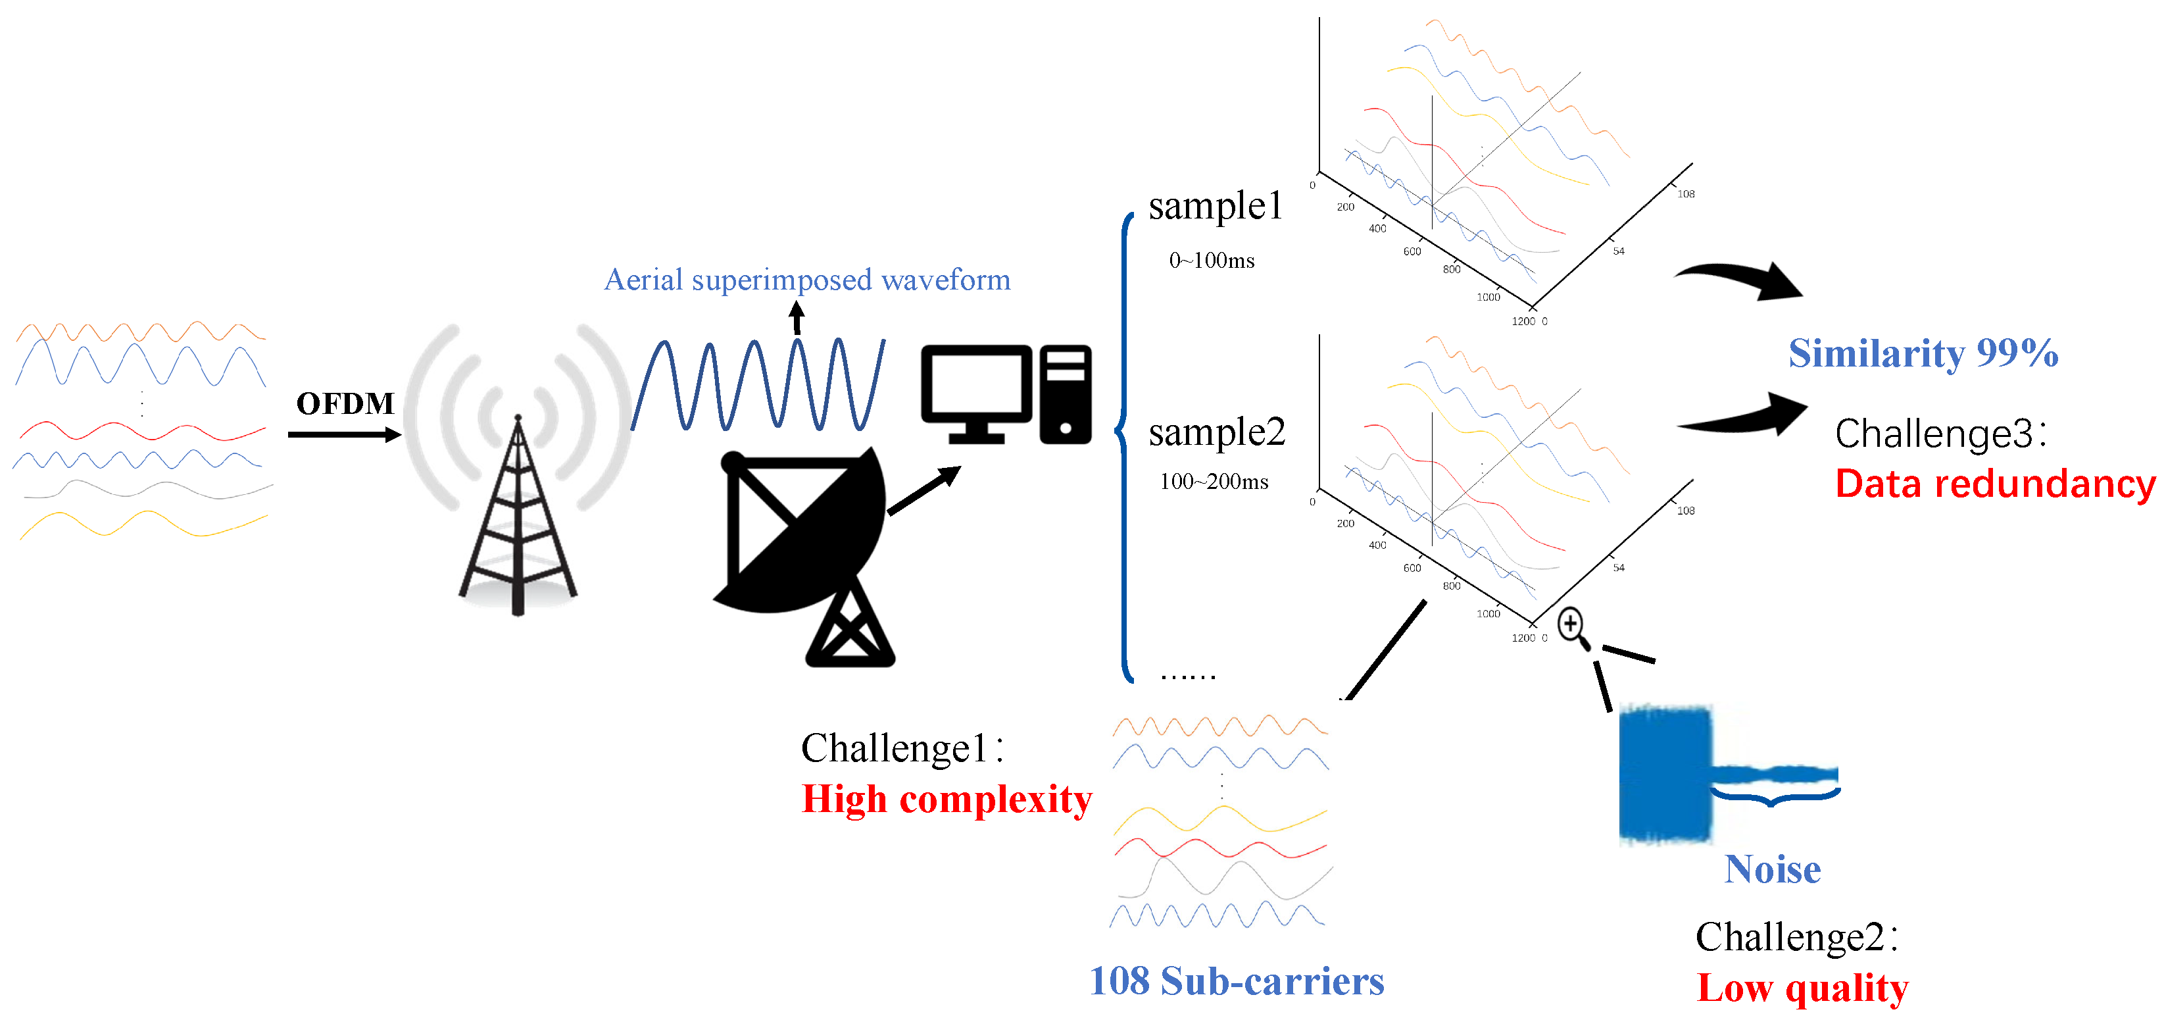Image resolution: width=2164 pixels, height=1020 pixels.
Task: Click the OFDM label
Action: pos(345,403)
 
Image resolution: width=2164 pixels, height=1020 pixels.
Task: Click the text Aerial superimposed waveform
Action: pos(806,280)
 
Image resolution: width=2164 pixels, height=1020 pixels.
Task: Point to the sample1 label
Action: pos(1215,206)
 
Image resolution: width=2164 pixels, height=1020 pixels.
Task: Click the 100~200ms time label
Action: pos(1214,482)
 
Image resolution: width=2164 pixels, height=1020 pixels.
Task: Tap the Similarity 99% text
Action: pos(1922,353)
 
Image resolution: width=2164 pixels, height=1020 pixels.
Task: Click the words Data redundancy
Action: pos(1994,484)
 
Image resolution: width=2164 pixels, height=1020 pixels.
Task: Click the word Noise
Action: pos(1772,869)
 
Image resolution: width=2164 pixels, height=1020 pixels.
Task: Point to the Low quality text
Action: pos(1802,987)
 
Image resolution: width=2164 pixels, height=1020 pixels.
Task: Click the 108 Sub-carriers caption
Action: pos(1236,981)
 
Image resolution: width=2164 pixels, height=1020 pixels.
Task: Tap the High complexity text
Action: pos(947,799)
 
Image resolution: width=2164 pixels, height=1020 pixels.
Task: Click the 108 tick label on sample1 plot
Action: pos(1685,194)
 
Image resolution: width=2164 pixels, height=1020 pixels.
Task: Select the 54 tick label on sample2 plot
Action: pos(1618,568)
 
